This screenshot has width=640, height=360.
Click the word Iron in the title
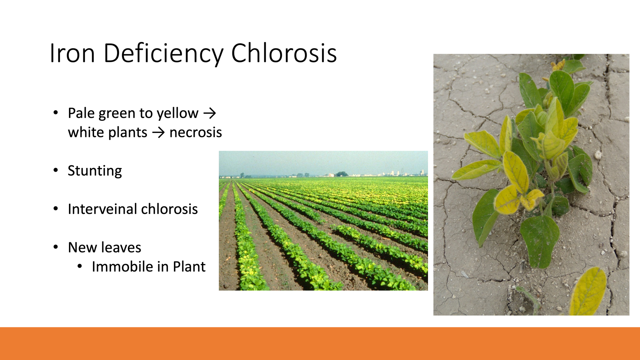72,53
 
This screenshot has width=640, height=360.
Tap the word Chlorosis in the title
284,53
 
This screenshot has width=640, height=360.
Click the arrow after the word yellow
210,114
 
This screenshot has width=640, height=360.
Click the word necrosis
196,133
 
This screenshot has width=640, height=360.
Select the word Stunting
95,171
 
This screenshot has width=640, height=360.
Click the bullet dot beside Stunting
56,170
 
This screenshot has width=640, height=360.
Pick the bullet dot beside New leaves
56,247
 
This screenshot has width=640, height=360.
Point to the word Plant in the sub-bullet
189,267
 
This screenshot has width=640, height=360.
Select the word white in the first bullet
86,132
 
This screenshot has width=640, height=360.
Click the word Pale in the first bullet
81,113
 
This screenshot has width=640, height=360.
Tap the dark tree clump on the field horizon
342,174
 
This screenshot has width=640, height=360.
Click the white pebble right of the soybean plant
598,155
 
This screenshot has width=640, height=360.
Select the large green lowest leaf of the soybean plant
540,241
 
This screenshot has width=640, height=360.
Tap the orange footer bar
320,343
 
